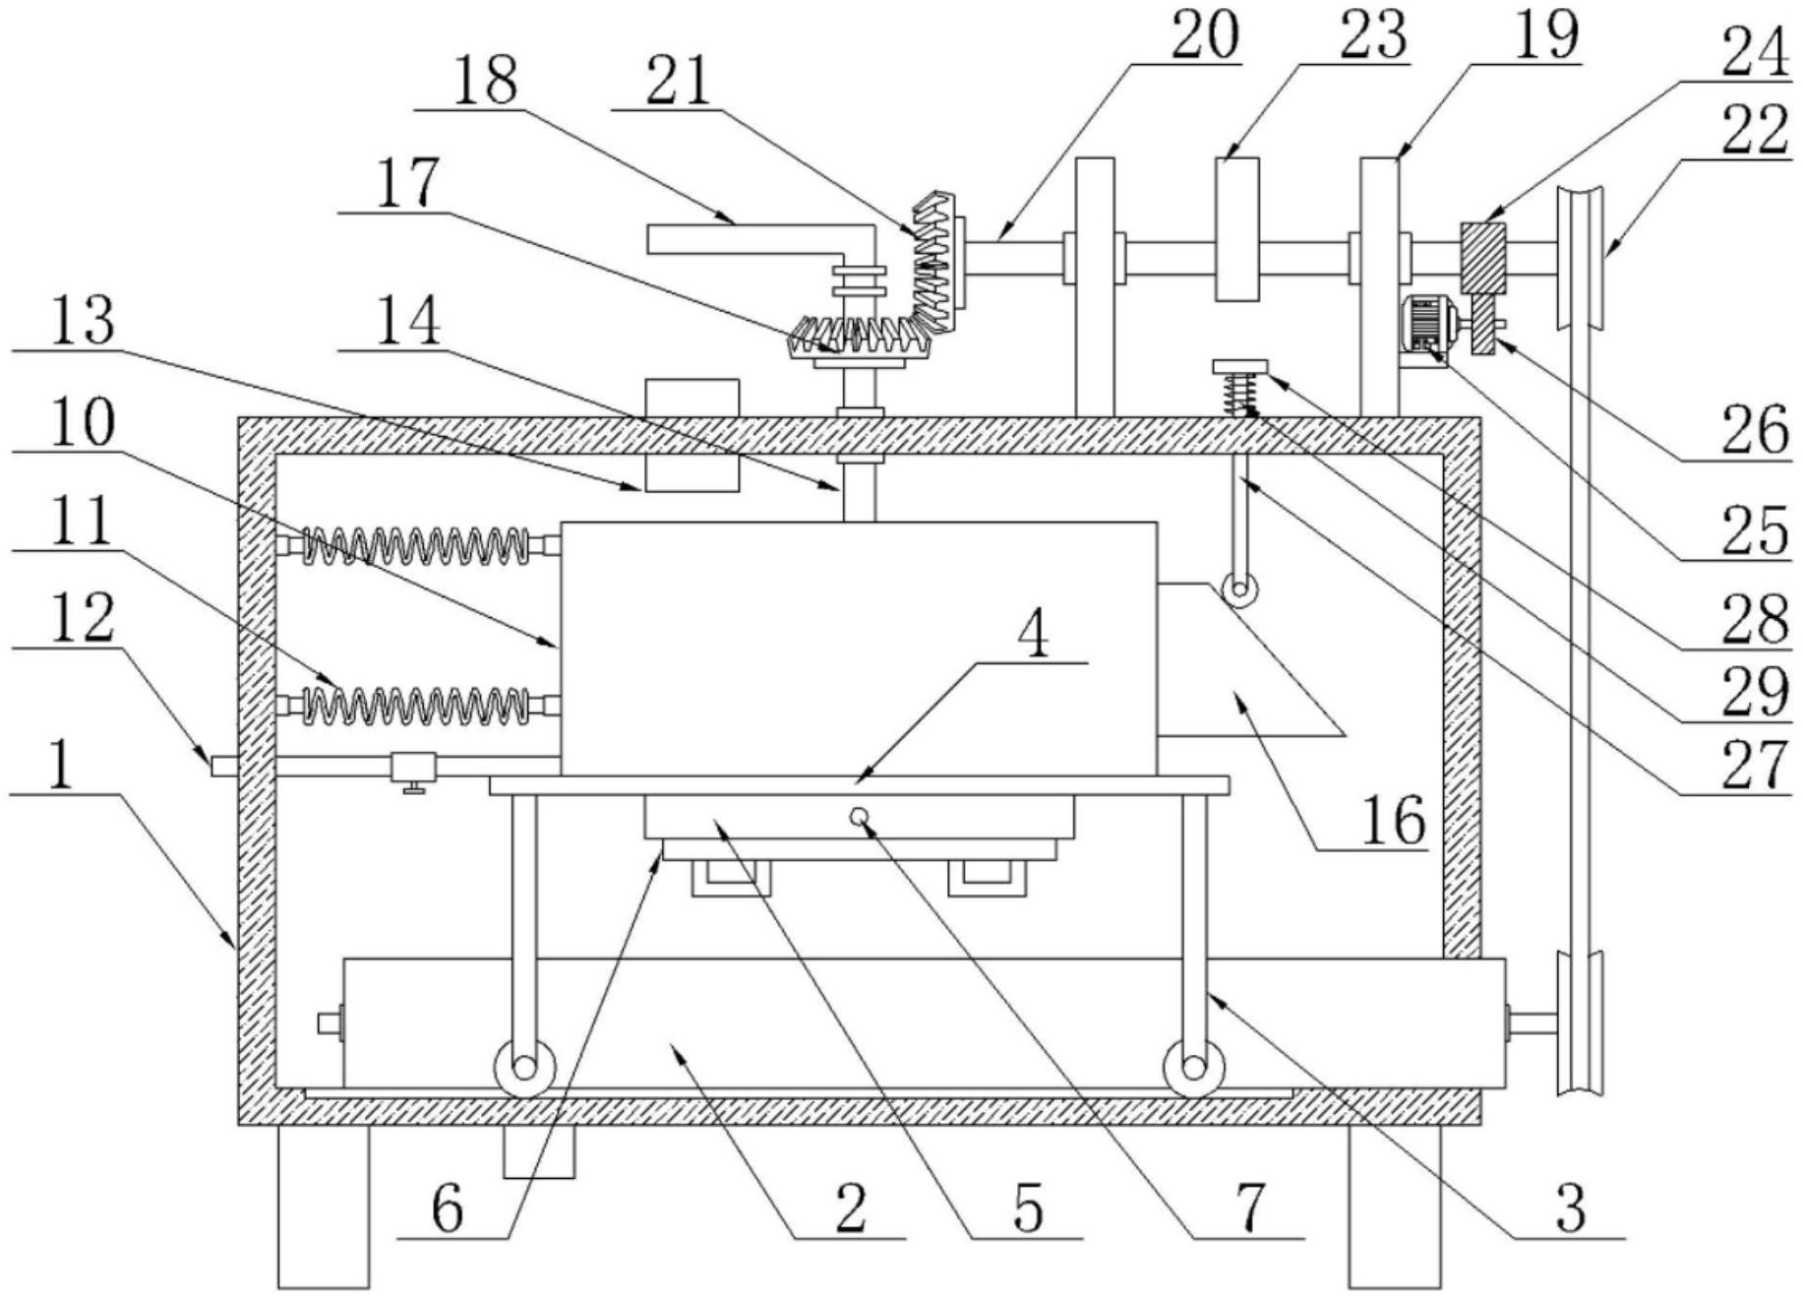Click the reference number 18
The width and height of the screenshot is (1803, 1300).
coord(488,81)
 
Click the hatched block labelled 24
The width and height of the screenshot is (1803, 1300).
coord(1482,258)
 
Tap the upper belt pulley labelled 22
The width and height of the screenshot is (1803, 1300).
coord(1580,258)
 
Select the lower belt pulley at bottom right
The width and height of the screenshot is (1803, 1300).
coord(1580,1023)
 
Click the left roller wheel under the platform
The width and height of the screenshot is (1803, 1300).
coord(524,1068)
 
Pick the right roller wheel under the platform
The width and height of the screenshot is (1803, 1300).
coord(1193,1068)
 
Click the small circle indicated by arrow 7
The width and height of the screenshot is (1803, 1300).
coord(860,815)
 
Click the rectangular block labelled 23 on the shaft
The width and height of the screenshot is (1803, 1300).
coord(1237,229)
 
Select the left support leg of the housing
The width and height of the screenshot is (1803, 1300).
coord(323,1206)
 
